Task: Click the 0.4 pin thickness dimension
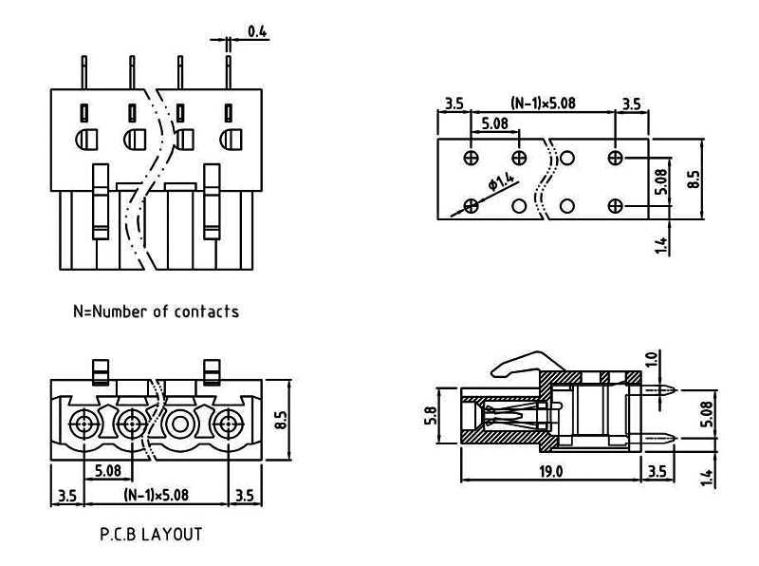click(x=257, y=32)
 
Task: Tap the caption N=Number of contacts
click(x=156, y=311)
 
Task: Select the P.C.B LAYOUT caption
click(x=151, y=535)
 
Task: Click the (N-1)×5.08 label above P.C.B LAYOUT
click(x=156, y=495)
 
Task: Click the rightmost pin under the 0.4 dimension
click(x=229, y=72)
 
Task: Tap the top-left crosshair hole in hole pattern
click(x=472, y=157)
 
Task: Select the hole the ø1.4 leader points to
click(x=472, y=205)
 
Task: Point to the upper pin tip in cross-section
click(x=673, y=389)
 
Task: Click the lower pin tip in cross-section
click(x=673, y=438)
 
